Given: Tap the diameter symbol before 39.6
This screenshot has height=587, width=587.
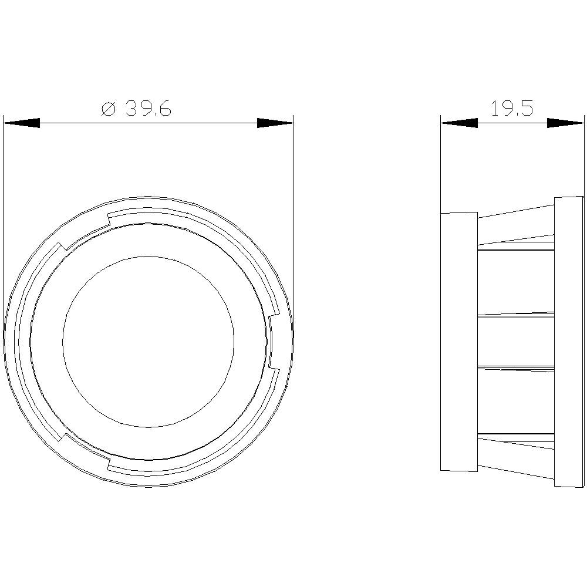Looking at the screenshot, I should click(x=107, y=109).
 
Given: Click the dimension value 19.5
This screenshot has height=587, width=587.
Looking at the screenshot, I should click(x=512, y=109).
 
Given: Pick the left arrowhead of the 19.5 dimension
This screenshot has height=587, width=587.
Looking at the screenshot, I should click(x=458, y=123).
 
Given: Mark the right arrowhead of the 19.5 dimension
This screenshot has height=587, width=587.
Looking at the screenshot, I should click(x=565, y=123).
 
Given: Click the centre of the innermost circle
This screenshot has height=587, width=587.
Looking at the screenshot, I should click(x=148, y=341).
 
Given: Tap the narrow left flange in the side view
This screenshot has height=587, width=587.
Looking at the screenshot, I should click(x=458, y=342).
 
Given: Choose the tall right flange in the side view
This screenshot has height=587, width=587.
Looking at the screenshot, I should click(x=569, y=342).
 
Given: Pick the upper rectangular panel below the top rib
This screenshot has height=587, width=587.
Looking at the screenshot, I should click(x=515, y=282).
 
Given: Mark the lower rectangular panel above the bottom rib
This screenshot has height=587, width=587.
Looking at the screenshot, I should click(x=515, y=400).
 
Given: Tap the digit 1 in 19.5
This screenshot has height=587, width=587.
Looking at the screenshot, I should click(x=494, y=109).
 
